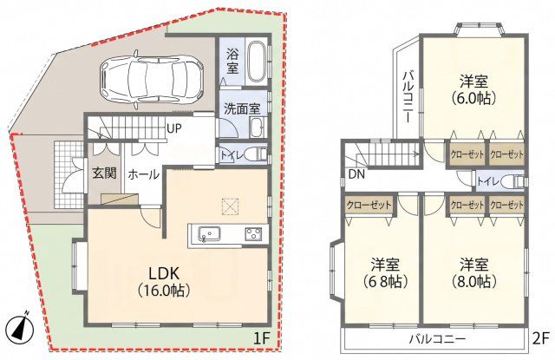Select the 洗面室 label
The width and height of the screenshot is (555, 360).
tap(242, 109)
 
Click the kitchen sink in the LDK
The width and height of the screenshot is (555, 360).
tap(209, 234)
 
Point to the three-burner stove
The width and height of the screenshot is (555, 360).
tap(254, 234)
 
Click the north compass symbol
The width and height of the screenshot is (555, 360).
tap(21, 326)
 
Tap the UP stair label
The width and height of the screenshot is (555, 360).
tap(173, 129)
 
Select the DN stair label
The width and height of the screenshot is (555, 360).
tap(356, 173)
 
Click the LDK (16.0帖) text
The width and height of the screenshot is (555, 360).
tap(164, 282)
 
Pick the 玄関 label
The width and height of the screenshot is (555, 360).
tap(104, 173)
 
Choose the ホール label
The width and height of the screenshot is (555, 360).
tap(143, 174)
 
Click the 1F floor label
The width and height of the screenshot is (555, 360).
tap(262, 339)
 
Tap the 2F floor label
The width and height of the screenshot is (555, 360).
tap(541, 337)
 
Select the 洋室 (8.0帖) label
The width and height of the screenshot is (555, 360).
tap(474, 273)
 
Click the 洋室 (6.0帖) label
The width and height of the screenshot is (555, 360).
tap(473, 89)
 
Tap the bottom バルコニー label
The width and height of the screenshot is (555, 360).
tap(437, 339)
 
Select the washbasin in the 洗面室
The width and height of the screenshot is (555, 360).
tap(257, 128)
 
